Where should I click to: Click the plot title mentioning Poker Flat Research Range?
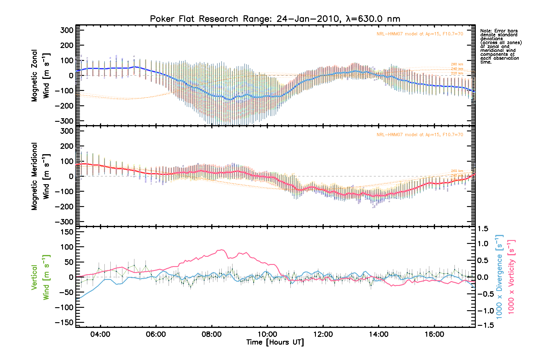[275, 19]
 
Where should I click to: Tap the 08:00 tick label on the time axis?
[211, 334]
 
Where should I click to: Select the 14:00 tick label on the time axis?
[379, 334]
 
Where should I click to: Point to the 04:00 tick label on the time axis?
[100, 334]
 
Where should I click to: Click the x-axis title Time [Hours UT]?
[275, 342]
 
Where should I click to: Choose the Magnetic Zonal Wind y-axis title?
[40, 76]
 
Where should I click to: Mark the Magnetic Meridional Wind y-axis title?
[40, 176]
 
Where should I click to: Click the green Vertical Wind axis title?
[40, 277]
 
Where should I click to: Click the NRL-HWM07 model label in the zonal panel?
[420, 34]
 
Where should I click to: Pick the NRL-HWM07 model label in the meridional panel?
[420, 135]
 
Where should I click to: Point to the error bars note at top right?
[500, 46]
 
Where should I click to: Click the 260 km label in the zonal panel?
[457, 64]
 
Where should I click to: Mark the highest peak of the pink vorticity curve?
[221, 250]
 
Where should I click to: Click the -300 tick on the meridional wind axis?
[64, 222]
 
